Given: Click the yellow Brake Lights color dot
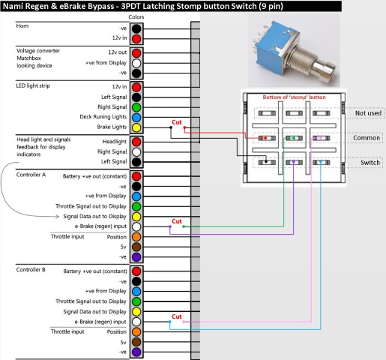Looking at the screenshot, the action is [x=136, y=127].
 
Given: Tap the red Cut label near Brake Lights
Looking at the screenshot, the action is [x=177, y=122].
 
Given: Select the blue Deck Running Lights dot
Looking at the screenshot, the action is [x=136, y=117].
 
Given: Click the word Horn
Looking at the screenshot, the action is [x=22, y=26].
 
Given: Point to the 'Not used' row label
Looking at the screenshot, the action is [x=368, y=113].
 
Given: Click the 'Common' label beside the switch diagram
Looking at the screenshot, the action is [x=367, y=138].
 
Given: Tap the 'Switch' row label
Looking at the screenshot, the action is [x=370, y=163].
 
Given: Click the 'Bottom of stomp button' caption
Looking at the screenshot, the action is [x=294, y=97].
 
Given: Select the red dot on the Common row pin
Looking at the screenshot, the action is [x=265, y=138].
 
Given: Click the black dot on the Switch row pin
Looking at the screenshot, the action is [x=266, y=161].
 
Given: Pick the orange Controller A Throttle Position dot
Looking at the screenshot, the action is [x=136, y=236].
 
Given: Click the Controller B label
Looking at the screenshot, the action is [x=31, y=269].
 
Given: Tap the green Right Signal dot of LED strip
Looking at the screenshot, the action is [x=136, y=107].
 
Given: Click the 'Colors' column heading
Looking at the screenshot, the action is [x=136, y=17].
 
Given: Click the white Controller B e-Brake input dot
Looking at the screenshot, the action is [x=136, y=322].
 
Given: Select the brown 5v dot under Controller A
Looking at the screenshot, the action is [x=136, y=247].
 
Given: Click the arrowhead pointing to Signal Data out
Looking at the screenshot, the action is [x=57, y=216].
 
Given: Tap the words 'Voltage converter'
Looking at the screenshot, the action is [x=38, y=51].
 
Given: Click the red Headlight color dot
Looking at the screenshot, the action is [x=136, y=142].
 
